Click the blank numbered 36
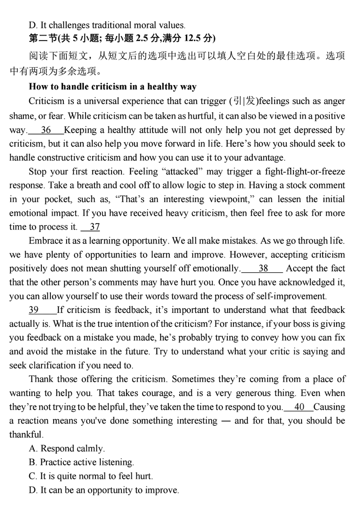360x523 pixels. [x=45, y=131]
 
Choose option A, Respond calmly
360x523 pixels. [x=67, y=448]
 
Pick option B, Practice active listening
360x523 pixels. [x=81, y=462]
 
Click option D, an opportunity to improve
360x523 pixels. [x=103, y=490]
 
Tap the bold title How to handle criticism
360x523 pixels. [x=112, y=86]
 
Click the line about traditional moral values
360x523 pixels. [x=106, y=25]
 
